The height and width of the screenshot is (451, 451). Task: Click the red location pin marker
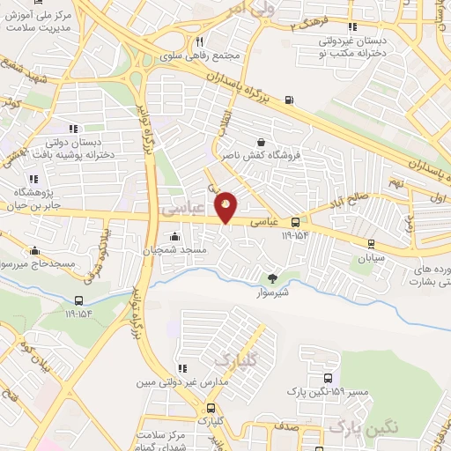pyautogui.click(x=226, y=206)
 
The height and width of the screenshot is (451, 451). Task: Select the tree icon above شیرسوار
pyautogui.click(x=271, y=277)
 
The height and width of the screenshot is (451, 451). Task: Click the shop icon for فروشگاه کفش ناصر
pyautogui.click(x=261, y=141)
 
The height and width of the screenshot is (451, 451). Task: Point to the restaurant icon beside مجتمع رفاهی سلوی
pyautogui.click(x=200, y=41)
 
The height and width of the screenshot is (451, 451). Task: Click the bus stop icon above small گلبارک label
pyautogui.click(x=211, y=408)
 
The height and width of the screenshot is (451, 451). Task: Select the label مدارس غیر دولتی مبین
pyautogui.click(x=174, y=383)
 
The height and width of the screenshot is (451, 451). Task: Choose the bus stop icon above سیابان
pyautogui.click(x=372, y=244)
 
